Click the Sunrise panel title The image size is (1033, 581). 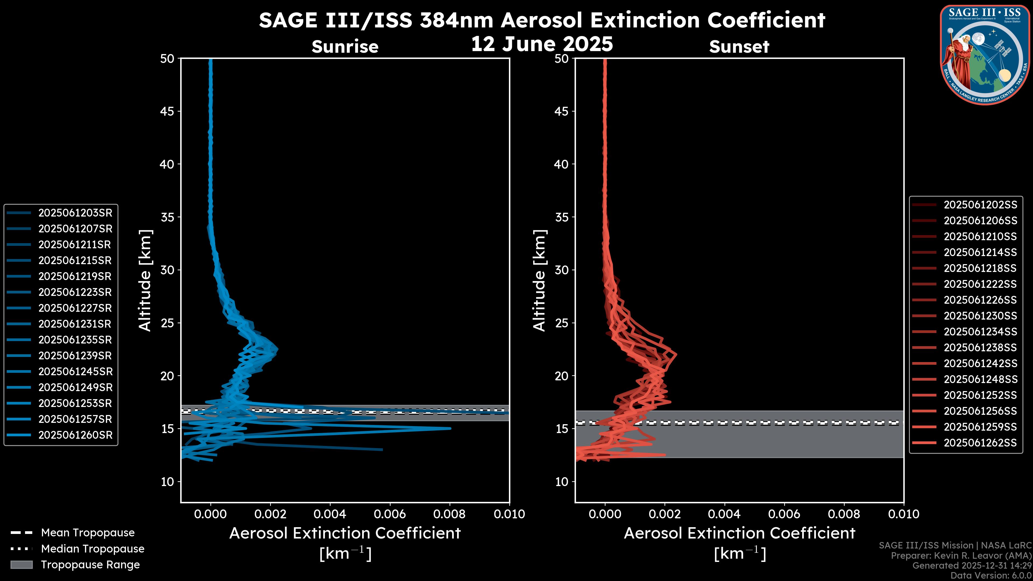tap(345, 47)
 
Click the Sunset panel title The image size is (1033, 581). tap(739, 47)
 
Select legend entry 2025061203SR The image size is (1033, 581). tap(75, 213)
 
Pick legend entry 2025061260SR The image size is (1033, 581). tap(75, 435)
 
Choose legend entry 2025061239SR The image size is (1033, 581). tap(75, 356)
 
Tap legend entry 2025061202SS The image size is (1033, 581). tap(980, 205)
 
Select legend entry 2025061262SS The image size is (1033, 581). tap(980, 443)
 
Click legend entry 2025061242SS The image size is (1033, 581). tap(980, 363)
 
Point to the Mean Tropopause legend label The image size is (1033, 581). tap(87, 533)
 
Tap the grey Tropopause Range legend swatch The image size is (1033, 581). tap(21, 565)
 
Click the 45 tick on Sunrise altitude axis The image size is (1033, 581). tap(167, 111)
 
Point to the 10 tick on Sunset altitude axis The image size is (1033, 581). tap(562, 481)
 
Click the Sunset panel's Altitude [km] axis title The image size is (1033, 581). tap(540, 280)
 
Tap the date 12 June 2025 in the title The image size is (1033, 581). tap(542, 44)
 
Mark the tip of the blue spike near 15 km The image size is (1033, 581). tap(450, 428)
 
